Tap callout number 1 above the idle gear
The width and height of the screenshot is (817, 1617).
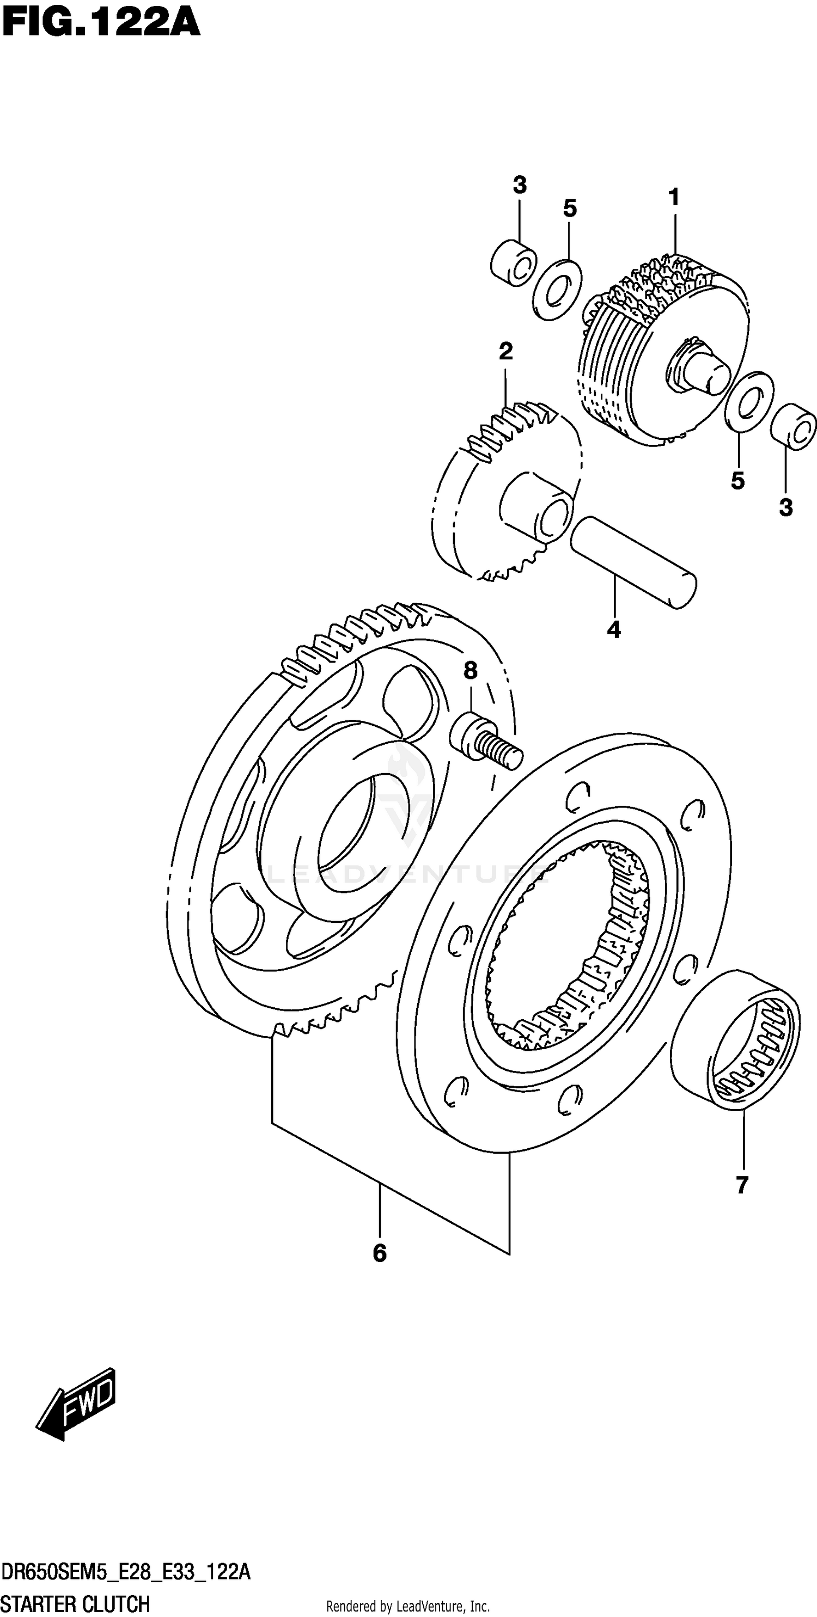[674, 198]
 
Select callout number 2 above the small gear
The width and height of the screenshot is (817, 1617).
[505, 352]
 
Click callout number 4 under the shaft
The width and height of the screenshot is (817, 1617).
[613, 629]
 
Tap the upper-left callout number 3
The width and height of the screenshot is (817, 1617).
[519, 185]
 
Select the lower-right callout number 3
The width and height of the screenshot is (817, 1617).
[785, 507]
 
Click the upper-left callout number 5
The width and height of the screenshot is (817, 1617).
[570, 209]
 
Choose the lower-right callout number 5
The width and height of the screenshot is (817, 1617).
[737, 481]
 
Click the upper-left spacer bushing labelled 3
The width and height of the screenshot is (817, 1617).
[513, 263]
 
